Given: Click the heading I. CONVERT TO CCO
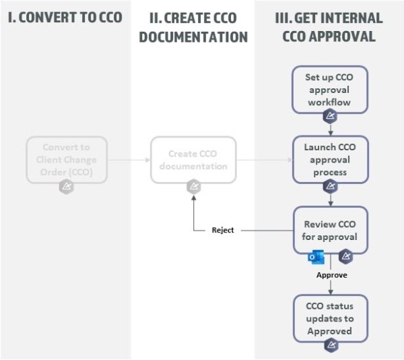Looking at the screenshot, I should (65, 17).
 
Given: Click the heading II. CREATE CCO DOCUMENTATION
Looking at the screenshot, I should (193, 26).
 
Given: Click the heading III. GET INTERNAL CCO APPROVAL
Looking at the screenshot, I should (329, 26).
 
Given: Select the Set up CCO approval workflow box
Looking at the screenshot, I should (330, 89).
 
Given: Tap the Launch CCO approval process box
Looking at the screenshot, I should (330, 159).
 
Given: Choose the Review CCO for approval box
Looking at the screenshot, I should (330, 230).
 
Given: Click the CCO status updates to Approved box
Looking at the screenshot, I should (330, 318).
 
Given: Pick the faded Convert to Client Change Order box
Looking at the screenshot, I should (65, 159).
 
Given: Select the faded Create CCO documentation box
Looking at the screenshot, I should (193, 159).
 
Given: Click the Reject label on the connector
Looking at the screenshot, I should (222, 231).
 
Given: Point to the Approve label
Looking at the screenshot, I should (331, 275).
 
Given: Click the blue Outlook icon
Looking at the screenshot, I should (315, 258).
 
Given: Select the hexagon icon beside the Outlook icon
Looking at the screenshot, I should (345, 256).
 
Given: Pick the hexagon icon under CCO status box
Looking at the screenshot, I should (330, 345).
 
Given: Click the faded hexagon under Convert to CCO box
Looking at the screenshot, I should (66, 187).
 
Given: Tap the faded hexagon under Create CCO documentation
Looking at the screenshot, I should (193, 187).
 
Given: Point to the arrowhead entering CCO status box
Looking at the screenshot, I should (330, 291).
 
